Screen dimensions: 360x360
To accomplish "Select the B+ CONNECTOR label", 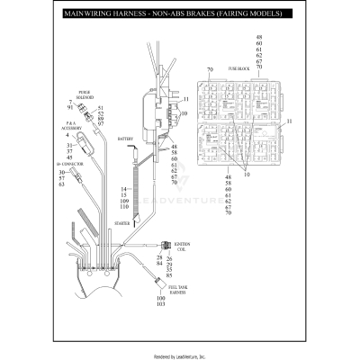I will (x=71, y=166).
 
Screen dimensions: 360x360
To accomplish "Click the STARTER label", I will (x=124, y=221).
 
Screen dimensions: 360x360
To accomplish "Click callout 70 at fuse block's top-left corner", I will (x=208, y=69).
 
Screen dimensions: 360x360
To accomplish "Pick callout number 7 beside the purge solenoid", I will (x=70, y=103).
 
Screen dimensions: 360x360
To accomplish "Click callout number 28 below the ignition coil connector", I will (x=158, y=258).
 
